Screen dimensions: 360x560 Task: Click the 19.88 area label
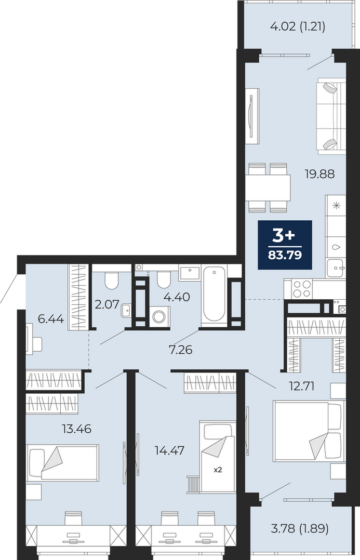pyautogui.click(x=319, y=174)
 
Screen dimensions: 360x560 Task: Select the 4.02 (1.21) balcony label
pyautogui.click(x=298, y=27)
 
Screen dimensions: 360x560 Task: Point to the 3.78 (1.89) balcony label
pyautogui.click(x=300, y=528)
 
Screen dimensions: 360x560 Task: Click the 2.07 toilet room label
pyautogui.click(x=107, y=304)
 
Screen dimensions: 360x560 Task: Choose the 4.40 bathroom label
pyautogui.click(x=177, y=297)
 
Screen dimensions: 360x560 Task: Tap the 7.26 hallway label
pyautogui.click(x=181, y=350)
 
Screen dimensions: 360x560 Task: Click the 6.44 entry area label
pyautogui.click(x=51, y=318)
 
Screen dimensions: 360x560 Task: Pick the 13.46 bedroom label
pyautogui.click(x=76, y=429)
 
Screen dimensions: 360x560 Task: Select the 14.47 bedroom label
pyautogui.click(x=170, y=450)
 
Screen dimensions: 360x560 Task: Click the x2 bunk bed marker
pyautogui.click(x=218, y=470)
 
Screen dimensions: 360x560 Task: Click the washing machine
pyautogui.click(x=158, y=316)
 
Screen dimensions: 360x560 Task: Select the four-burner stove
pyautogui.click(x=302, y=289)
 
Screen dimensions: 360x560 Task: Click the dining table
pyautogui.click(x=268, y=188)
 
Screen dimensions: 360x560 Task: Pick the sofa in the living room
pyautogui.click(x=331, y=116)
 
